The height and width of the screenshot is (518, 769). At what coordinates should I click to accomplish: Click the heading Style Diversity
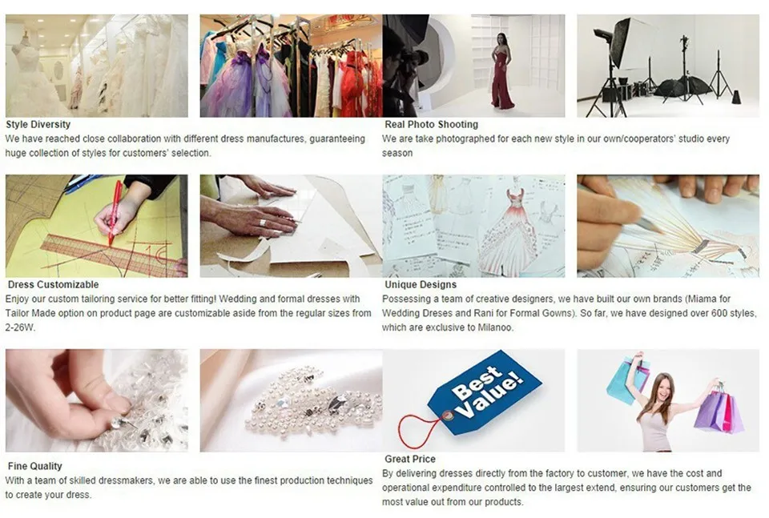(x=38, y=124)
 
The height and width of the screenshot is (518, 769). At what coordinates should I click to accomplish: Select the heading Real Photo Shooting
(x=431, y=124)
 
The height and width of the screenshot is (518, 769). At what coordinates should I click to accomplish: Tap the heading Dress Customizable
(x=53, y=284)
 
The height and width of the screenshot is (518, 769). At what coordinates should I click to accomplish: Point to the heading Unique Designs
(x=421, y=284)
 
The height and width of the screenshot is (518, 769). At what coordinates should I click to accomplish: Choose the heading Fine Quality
(x=34, y=466)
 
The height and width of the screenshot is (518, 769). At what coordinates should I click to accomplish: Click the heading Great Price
(x=410, y=459)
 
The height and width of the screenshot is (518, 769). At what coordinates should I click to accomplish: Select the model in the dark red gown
(x=502, y=74)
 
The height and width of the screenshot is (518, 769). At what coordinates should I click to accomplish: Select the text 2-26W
(x=21, y=327)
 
